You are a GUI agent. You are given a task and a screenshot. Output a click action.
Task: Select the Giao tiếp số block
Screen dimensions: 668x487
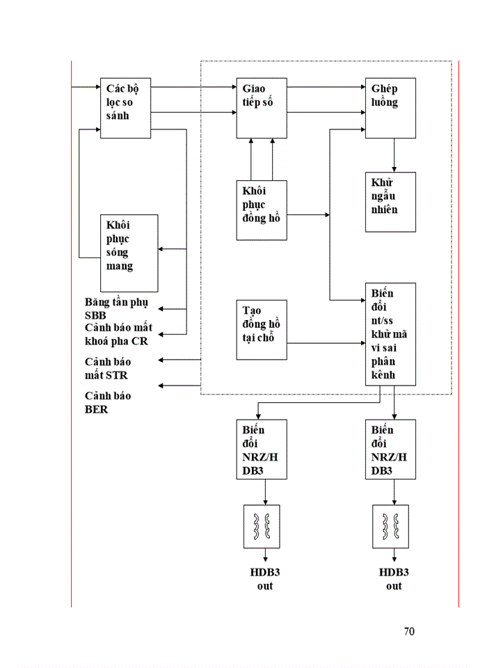click(261, 107)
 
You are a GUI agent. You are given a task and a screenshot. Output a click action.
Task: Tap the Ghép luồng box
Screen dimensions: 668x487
click(390, 107)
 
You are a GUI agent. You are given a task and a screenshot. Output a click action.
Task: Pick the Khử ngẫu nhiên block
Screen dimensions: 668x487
click(390, 202)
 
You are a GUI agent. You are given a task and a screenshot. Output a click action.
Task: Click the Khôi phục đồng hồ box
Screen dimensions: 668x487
click(261, 209)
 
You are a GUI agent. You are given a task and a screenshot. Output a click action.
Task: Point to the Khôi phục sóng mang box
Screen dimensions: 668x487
click(129, 253)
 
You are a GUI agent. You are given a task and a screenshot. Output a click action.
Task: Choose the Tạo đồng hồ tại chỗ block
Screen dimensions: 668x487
click(261, 329)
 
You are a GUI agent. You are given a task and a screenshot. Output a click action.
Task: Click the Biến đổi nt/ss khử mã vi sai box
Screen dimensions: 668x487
click(390, 334)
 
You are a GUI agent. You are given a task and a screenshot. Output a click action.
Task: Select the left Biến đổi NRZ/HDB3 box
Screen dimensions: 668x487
click(261, 449)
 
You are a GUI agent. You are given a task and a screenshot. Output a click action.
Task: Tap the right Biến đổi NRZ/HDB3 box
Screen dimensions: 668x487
click(390, 449)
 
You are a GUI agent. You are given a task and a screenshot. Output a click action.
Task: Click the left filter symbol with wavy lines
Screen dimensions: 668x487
click(261, 525)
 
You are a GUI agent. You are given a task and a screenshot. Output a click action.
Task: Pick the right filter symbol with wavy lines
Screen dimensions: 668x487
click(390, 525)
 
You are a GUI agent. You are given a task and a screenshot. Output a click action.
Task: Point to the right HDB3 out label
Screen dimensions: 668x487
click(394, 579)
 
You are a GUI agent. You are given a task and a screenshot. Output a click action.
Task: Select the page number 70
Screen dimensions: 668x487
click(409, 632)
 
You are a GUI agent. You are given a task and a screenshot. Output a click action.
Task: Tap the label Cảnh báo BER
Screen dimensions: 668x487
click(107, 403)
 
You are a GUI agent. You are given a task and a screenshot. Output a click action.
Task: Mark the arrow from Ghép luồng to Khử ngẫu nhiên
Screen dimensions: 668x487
click(394, 155)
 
